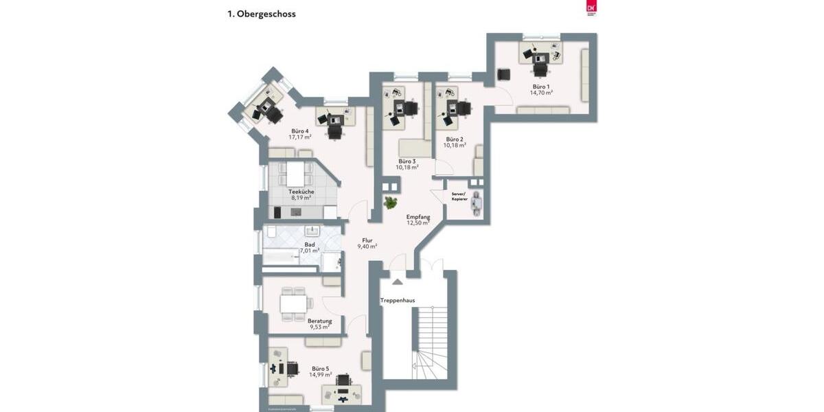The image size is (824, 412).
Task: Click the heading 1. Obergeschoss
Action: (262, 14)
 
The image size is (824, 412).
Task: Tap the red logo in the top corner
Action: (590, 8)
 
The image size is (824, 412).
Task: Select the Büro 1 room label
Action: (540, 87)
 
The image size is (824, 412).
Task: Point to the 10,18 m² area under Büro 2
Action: (455, 146)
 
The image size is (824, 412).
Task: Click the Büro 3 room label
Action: (407, 161)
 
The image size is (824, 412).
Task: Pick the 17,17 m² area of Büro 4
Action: (300, 137)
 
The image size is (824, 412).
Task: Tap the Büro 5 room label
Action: (321, 368)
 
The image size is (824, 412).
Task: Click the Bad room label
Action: (310, 244)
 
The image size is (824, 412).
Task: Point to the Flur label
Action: (367, 240)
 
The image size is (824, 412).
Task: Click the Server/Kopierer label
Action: (459, 196)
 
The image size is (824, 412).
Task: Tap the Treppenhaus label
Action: (397, 300)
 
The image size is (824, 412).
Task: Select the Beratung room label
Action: (319, 321)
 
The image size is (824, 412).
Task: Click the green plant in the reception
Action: (391, 203)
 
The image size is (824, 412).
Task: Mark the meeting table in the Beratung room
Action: (293, 303)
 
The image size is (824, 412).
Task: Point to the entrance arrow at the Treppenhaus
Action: (398, 280)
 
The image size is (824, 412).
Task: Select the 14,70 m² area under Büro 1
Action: (540, 93)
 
